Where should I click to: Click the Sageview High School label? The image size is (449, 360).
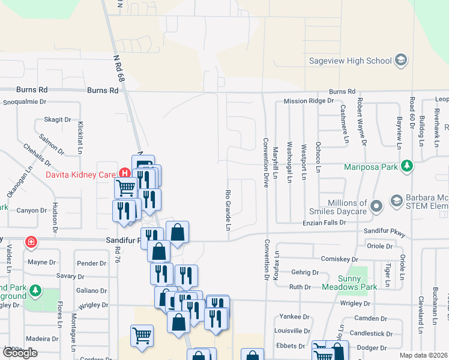350,61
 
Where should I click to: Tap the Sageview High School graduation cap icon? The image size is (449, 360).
401,60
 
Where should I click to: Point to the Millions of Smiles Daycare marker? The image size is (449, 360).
376,207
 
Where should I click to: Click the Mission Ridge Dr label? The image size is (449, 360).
308,101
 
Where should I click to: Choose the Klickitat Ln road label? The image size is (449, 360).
80,136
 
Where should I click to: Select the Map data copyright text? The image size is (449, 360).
424,355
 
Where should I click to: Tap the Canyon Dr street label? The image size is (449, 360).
31,211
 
